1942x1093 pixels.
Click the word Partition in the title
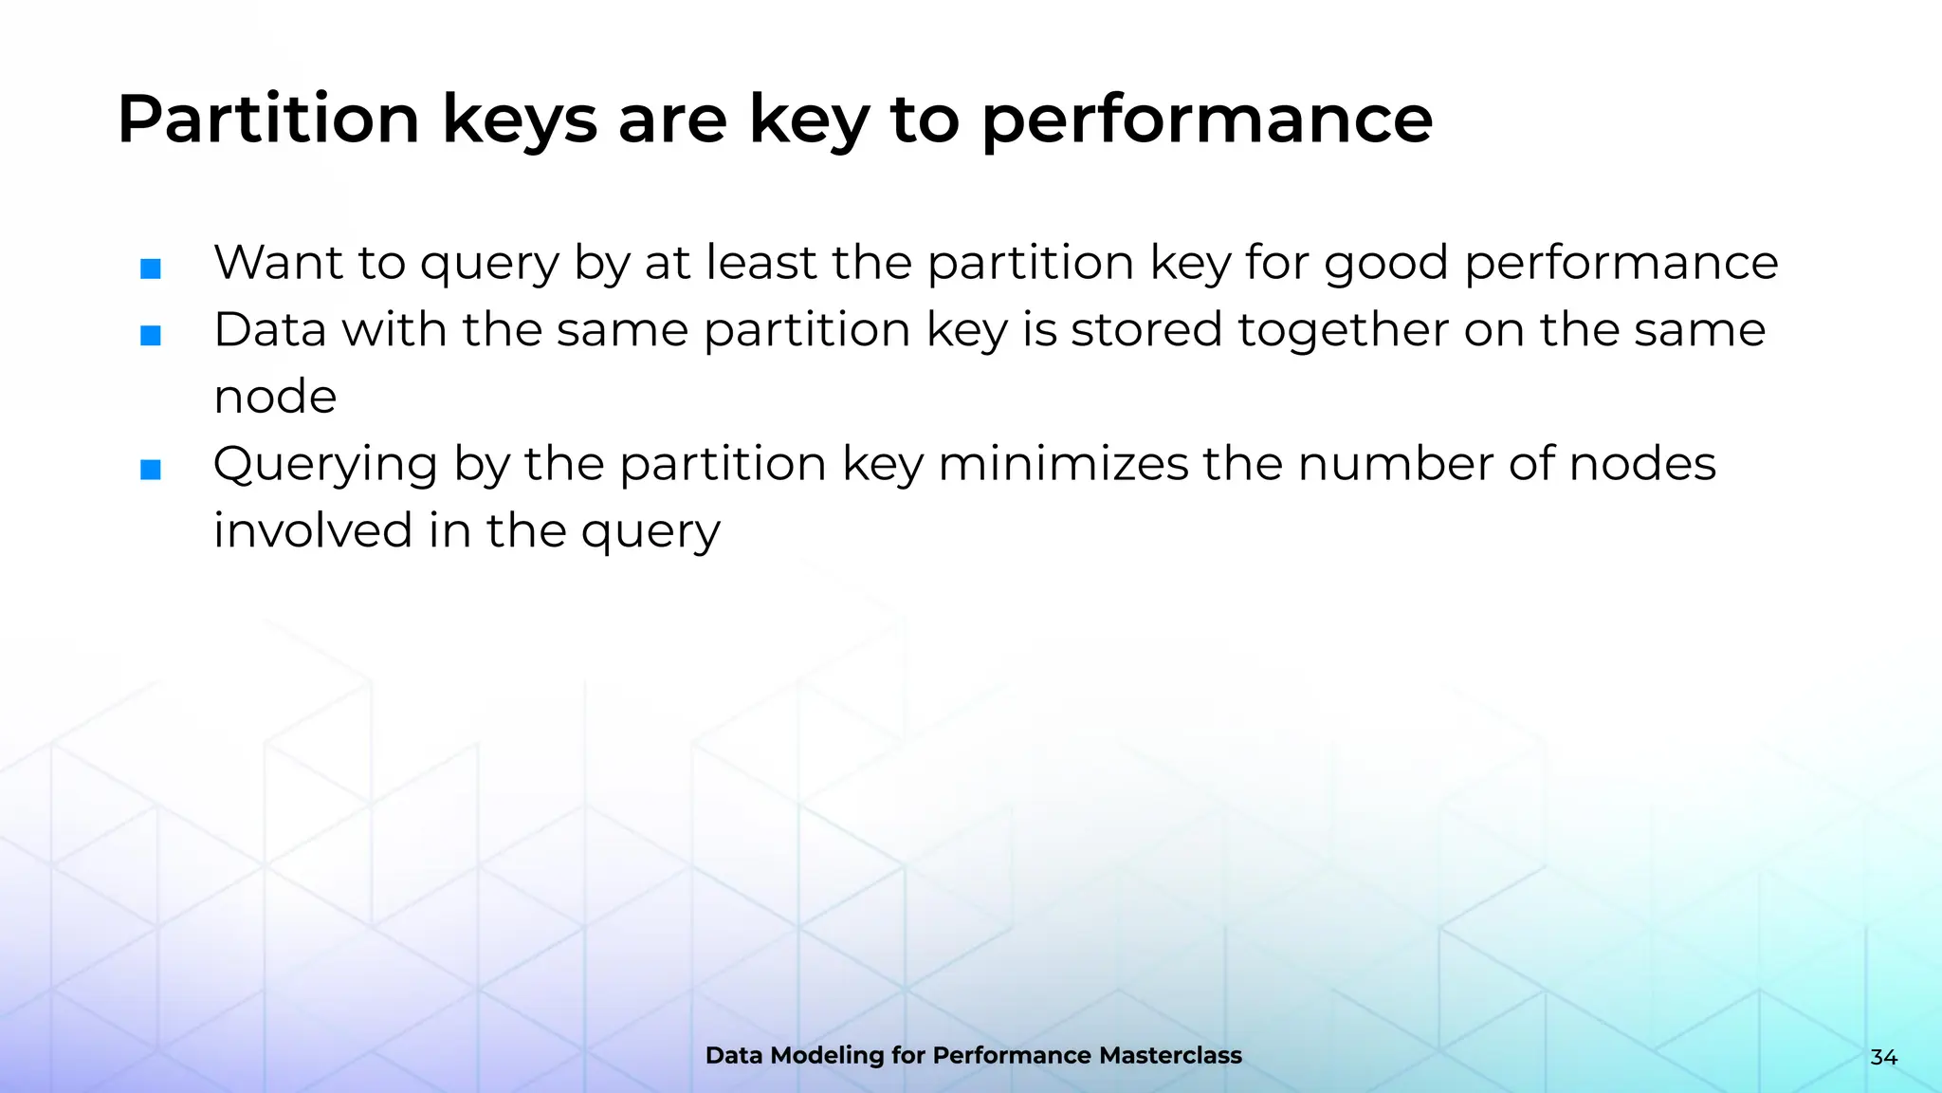tap(268, 120)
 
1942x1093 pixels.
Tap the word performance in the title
tap(1206, 120)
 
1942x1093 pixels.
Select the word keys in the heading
tap(520, 120)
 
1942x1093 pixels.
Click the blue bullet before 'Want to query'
tap(151, 269)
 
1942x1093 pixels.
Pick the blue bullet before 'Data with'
tap(151, 336)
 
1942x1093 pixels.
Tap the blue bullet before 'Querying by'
tap(151, 470)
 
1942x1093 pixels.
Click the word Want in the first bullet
tap(278, 263)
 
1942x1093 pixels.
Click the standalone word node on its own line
tap(275, 398)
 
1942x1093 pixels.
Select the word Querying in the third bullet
tap(325, 465)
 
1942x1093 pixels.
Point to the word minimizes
tap(1063, 464)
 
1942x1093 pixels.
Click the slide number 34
tap(1883, 1057)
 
